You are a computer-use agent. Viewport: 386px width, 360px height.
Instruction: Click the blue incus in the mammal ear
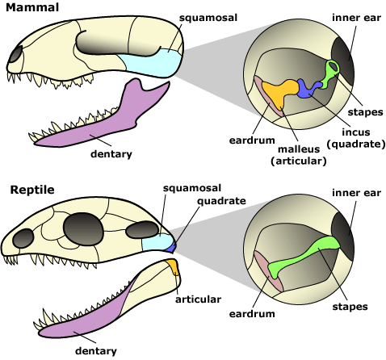click(x=308, y=88)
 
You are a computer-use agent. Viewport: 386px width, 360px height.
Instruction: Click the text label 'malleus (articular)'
click(x=299, y=154)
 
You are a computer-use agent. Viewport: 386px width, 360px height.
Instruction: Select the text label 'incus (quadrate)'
click(x=355, y=138)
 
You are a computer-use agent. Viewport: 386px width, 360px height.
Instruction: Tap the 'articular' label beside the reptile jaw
click(x=198, y=299)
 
